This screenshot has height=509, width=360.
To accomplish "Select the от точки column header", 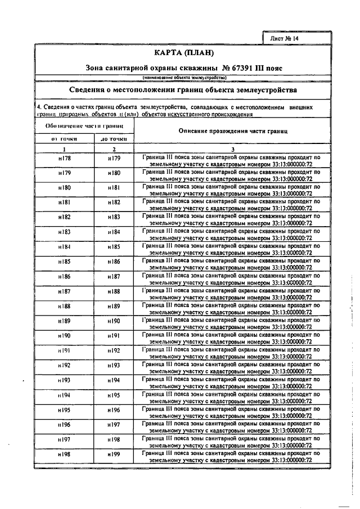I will click(64, 138).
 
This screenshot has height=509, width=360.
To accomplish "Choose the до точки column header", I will click(114, 138).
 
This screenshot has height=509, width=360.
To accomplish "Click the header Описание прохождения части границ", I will click(232, 130).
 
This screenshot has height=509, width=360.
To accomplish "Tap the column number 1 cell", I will click(64, 149).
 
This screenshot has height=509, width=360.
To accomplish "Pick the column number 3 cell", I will click(232, 149).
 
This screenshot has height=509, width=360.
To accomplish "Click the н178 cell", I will click(64, 159).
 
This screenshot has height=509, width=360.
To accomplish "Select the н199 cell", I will click(114, 453).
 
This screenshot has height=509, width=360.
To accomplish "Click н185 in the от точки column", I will click(64, 262).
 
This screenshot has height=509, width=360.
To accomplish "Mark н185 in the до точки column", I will click(114, 247).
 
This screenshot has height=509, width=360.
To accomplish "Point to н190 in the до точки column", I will click(114, 321).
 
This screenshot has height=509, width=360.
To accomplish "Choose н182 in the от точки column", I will click(64, 217).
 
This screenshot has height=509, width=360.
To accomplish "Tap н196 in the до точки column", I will click(114, 409).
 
